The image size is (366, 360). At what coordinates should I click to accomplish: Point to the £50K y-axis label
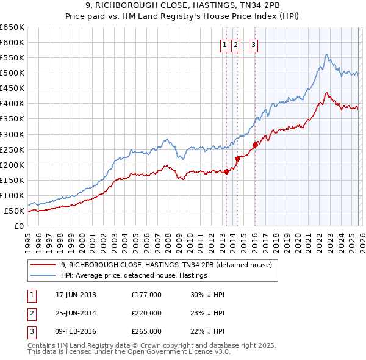[x=14, y=211]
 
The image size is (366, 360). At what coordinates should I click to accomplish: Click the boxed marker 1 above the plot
[x=225, y=43]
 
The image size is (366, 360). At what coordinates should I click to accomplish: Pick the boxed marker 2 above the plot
[x=236, y=43]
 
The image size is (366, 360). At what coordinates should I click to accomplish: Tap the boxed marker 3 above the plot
[x=253, y=43]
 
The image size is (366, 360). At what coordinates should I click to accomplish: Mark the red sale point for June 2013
[x=226, y=171]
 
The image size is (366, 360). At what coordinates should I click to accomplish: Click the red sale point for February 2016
[x=255, y=145]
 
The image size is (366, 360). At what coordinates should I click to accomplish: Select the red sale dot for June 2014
[x=237, y=158]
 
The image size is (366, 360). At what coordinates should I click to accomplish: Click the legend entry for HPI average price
[x=134, y=275]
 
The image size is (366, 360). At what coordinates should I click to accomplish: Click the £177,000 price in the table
[x=146, y=295]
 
